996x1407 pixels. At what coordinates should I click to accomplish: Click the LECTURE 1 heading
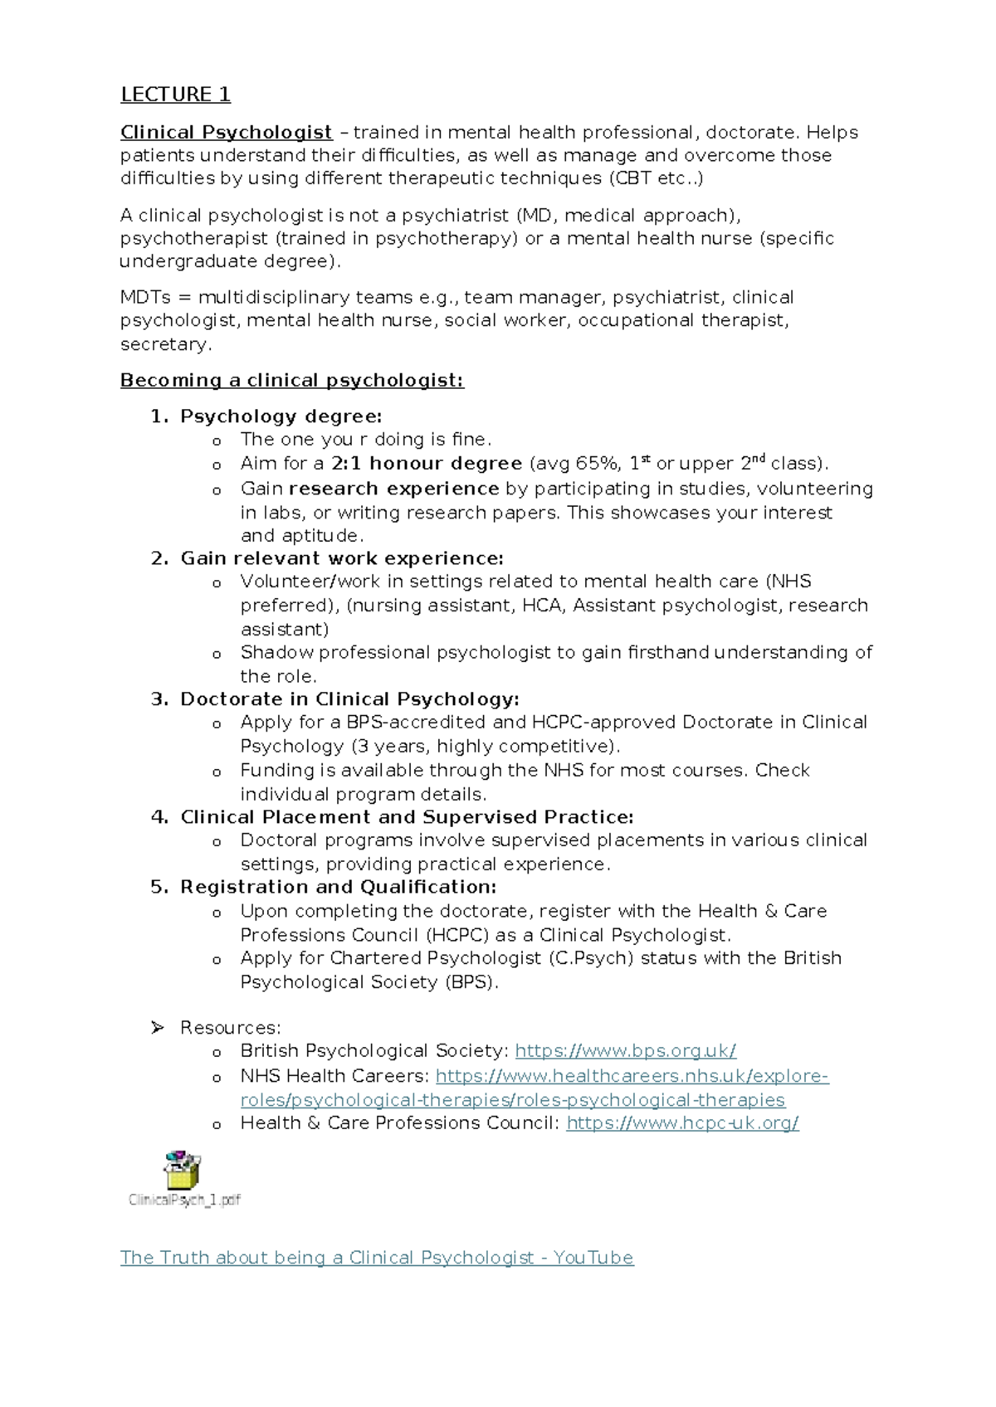click(175, 95)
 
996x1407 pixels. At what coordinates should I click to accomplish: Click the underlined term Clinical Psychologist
click(226, 133)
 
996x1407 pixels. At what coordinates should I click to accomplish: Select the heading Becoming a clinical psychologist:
click(291, 381)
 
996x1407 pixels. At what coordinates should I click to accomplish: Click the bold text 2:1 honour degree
click(426, 464)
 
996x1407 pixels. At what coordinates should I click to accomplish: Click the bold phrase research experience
click(393, 489)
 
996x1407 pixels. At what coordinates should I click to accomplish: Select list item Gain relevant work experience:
click(342, 558)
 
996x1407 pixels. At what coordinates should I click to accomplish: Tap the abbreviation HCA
click(541, 606)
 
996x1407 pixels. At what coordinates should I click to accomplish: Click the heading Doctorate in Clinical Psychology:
click(349, 699)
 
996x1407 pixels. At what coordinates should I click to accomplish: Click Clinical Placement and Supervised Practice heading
click(407, 817)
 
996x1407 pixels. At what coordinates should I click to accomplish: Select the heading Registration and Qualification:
click(338, 887)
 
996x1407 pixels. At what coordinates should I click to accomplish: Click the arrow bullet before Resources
click(158, 1028)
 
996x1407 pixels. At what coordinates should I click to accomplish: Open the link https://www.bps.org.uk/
click(625, 1051)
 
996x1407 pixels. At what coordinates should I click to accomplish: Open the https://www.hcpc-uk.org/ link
click(682, 1123)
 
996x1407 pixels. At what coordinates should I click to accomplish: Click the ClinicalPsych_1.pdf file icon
click(183, 1171)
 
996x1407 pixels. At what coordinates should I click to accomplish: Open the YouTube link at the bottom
click(377, 1258)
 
